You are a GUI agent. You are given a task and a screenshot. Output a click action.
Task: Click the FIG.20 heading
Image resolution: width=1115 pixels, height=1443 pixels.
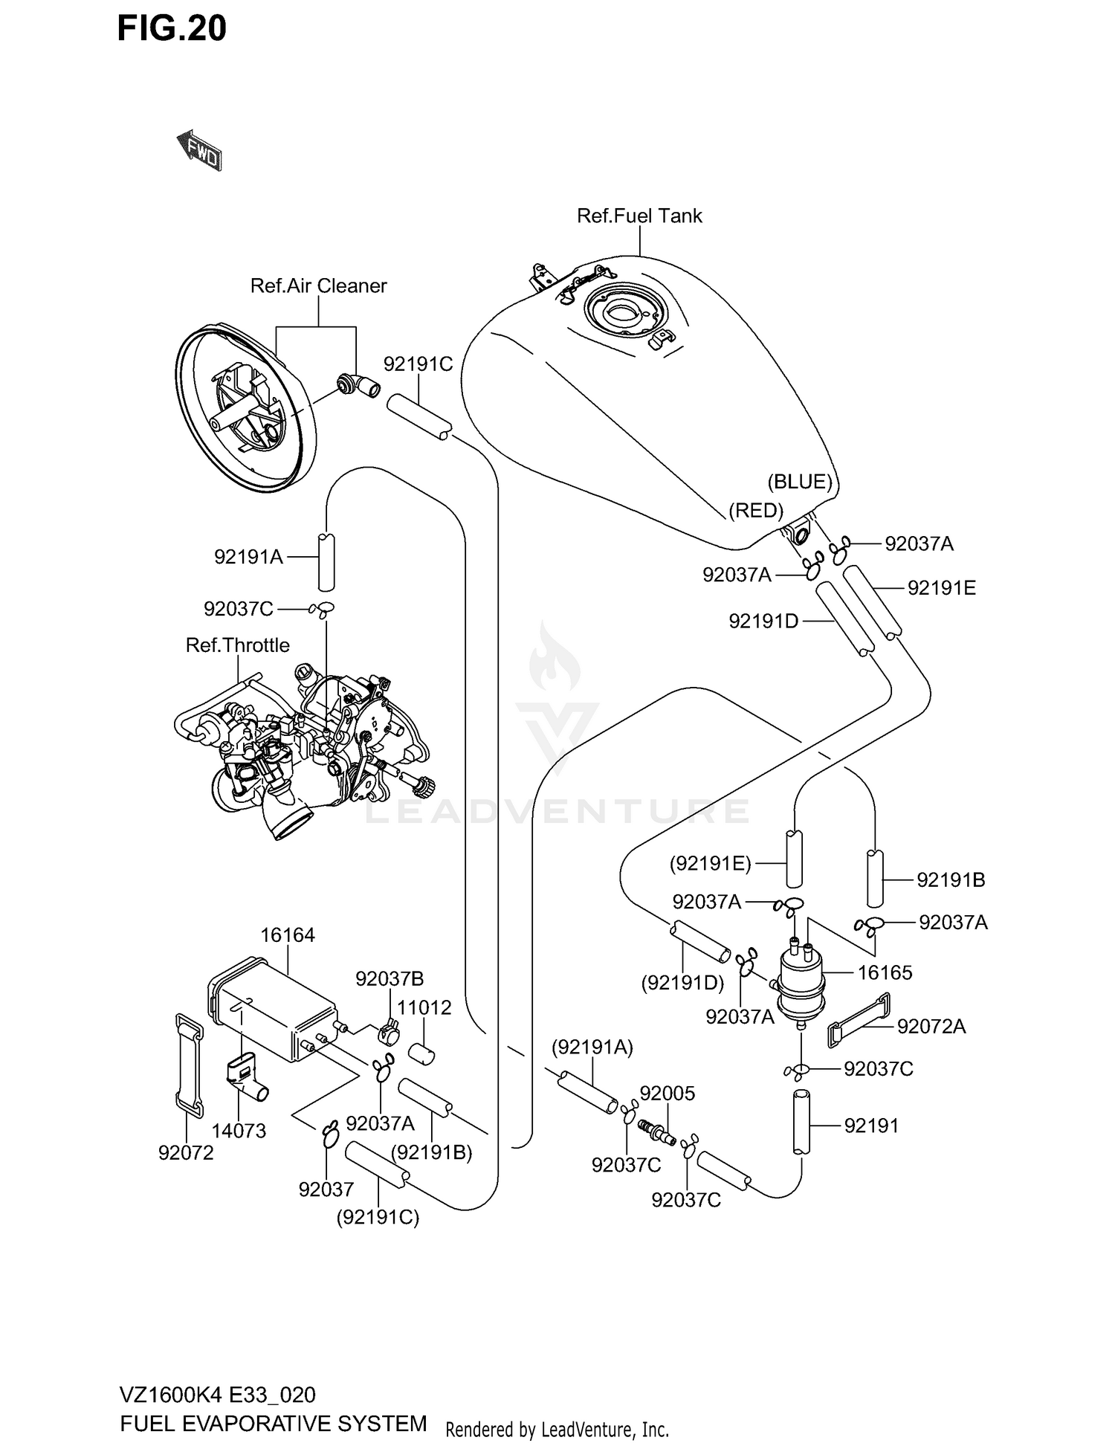pyautogui.click(x=172, y=28)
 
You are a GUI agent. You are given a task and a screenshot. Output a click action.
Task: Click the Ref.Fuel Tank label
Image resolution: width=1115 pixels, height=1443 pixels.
pyautogui.click(x=639, y=216)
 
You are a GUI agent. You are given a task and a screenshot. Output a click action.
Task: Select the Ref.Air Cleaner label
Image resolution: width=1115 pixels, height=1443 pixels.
pyautogui.click(x=318, y=286)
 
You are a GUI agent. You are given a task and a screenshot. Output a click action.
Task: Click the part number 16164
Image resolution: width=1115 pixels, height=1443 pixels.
pyautogui.click(x=288, y=935)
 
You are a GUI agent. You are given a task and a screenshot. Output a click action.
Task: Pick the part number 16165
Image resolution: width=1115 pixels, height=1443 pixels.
pyautogui.click(x=885, y=972)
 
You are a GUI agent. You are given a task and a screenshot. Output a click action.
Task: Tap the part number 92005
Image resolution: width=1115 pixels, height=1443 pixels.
pyautogui.click(x=668, y=1094)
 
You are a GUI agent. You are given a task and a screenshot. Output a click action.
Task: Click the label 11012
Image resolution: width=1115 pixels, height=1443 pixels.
pyautogui.click(x=424, y=1008)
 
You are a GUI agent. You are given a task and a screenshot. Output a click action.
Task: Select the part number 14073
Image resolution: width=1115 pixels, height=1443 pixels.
pyautogui.click(x=239, y=1131)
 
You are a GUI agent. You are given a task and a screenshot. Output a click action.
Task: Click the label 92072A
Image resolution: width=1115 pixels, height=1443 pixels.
pyautogui.click(x=931, y=1027)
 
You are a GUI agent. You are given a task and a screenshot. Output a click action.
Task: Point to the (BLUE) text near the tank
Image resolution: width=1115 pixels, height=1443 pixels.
pyautogui.click(x=800, y=482)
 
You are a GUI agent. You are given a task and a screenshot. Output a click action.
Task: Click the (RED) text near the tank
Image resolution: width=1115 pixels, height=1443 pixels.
pyautogui.click(x=756, y=510)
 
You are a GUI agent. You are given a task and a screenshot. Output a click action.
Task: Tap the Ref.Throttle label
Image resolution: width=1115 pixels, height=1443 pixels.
pyautogui.click(x=237, y=645)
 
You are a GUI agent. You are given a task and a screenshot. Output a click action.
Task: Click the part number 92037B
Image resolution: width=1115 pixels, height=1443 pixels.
pyautogui.click(x=390, y=979)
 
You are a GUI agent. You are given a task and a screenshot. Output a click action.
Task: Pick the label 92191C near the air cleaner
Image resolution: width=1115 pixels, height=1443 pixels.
pyautogui.click(x=418, y=364)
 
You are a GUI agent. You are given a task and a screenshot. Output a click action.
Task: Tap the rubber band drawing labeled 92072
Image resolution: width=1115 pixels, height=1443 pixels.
pyautogui.click(x=189, y=1065)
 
